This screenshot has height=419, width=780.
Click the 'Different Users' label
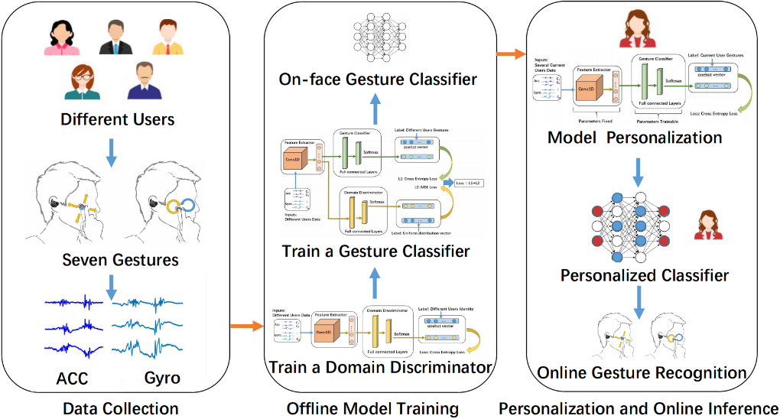(x=118, y=119)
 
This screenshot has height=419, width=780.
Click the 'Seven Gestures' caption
(x=120, y=260)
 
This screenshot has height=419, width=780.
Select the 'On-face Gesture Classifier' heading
(x=378, y=80)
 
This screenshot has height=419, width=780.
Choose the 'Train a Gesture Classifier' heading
(x=375, y=251)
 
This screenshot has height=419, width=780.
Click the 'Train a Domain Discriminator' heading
(x=380, y=368)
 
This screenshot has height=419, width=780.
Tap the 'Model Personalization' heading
(x=635, y=138)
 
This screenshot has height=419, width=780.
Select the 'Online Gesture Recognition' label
(x=642, y=372)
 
